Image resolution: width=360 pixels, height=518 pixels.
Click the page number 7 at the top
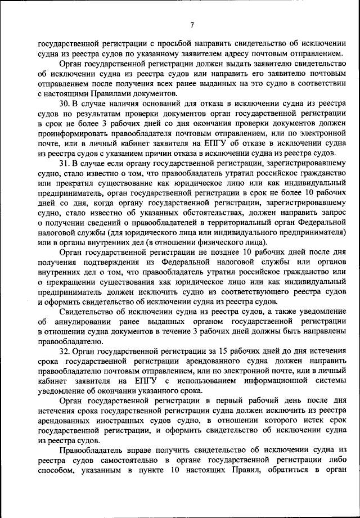tap(192, 24)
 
